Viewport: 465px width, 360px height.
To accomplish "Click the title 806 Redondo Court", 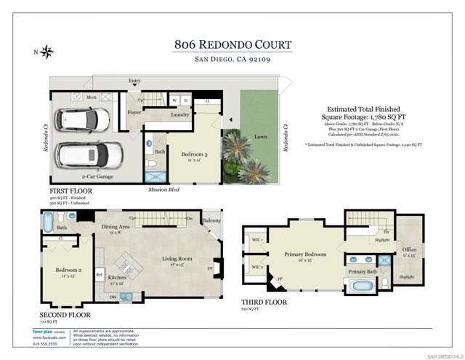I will tap(232, 44).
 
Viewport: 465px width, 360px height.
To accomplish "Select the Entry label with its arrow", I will tap(134, 81).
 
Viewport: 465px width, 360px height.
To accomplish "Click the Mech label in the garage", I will tap(92, 97).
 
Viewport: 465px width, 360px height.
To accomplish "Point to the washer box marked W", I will tap(174, 100).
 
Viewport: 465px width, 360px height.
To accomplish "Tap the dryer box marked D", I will tap(185, 100).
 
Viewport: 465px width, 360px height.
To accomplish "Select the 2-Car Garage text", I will tap(98, 177).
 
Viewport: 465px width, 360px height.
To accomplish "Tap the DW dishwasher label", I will tap(112, 297).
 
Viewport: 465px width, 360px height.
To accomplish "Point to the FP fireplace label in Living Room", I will tap(210, 267).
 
